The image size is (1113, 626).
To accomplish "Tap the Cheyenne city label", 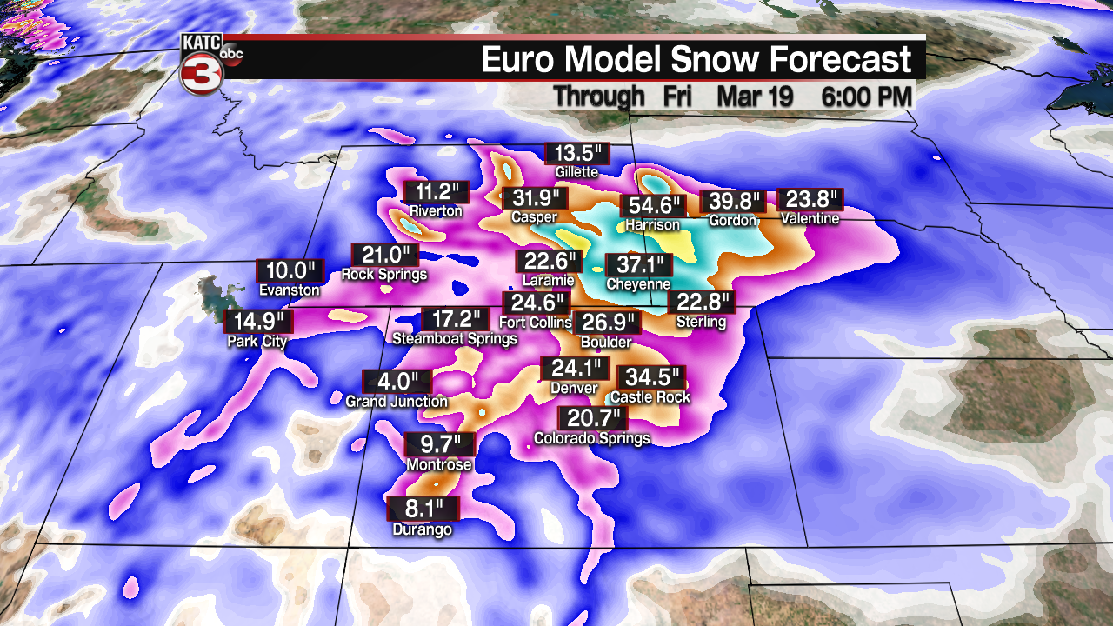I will coord(638,284).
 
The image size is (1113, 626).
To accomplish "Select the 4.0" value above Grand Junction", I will coord(397,382).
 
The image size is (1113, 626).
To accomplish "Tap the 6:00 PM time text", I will coord(866,97).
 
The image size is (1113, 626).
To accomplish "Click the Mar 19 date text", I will coord(755,97).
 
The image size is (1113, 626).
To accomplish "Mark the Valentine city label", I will coord(810,218).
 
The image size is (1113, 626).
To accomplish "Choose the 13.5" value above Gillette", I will coord(577,153).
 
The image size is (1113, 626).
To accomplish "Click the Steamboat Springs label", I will coord(455,338).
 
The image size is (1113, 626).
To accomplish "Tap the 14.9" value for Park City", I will coord(258,322).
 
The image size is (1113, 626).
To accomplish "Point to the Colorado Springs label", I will coord(592,438).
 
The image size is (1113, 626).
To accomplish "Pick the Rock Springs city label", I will coord(384,275).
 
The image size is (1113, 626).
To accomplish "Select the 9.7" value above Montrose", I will coord(440,444).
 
